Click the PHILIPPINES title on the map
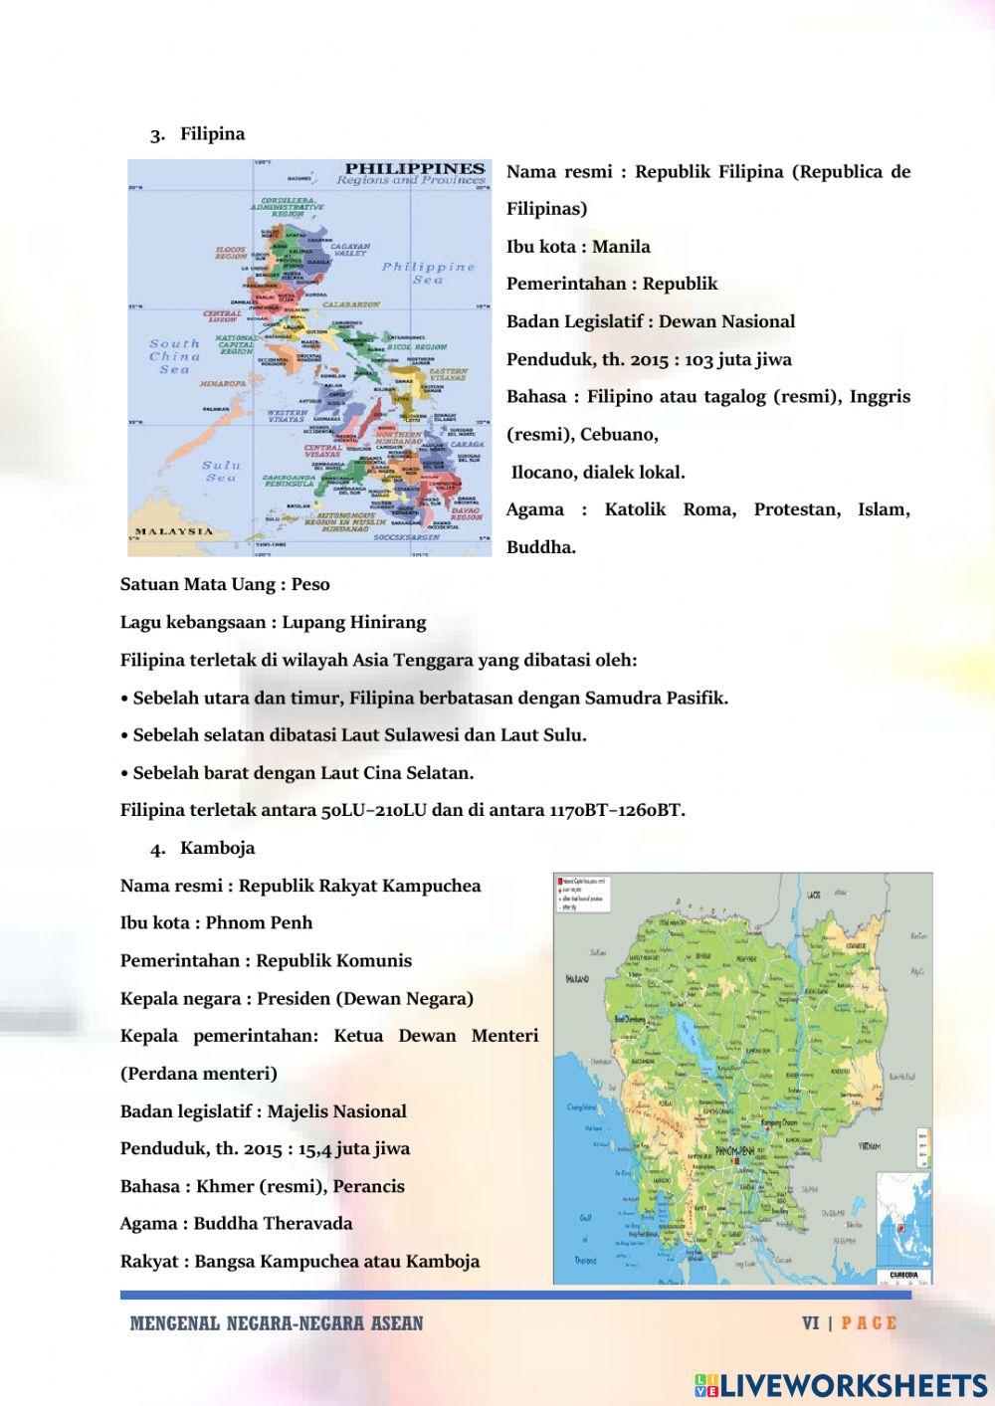(414, 168)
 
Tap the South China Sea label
(174, 356)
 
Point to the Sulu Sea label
(221, 471)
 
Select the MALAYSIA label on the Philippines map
(174, 531)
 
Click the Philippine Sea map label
(429, 273)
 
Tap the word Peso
(310, 584)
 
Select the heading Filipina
(212, 133)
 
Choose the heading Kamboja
(217, 848)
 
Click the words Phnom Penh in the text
(259, 922)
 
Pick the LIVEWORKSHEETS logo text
(853, 1385)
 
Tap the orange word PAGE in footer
(869, 1323)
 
